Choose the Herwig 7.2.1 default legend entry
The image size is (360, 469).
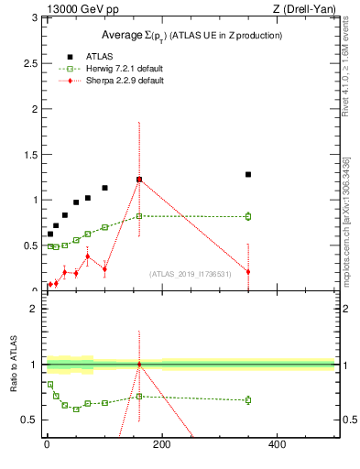pos(102,68)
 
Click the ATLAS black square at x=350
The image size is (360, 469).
pos(248,174)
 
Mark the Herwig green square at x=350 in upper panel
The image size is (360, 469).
pos(248,216)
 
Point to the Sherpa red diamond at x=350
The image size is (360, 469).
pos(248,271)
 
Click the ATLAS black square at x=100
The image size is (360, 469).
pos(104,188)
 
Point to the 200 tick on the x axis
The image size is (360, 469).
pos(162,444)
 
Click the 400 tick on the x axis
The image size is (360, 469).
pos(277,444)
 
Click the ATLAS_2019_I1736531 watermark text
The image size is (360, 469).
pos(191,273)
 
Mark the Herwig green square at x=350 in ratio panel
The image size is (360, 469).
pos(248,399)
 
